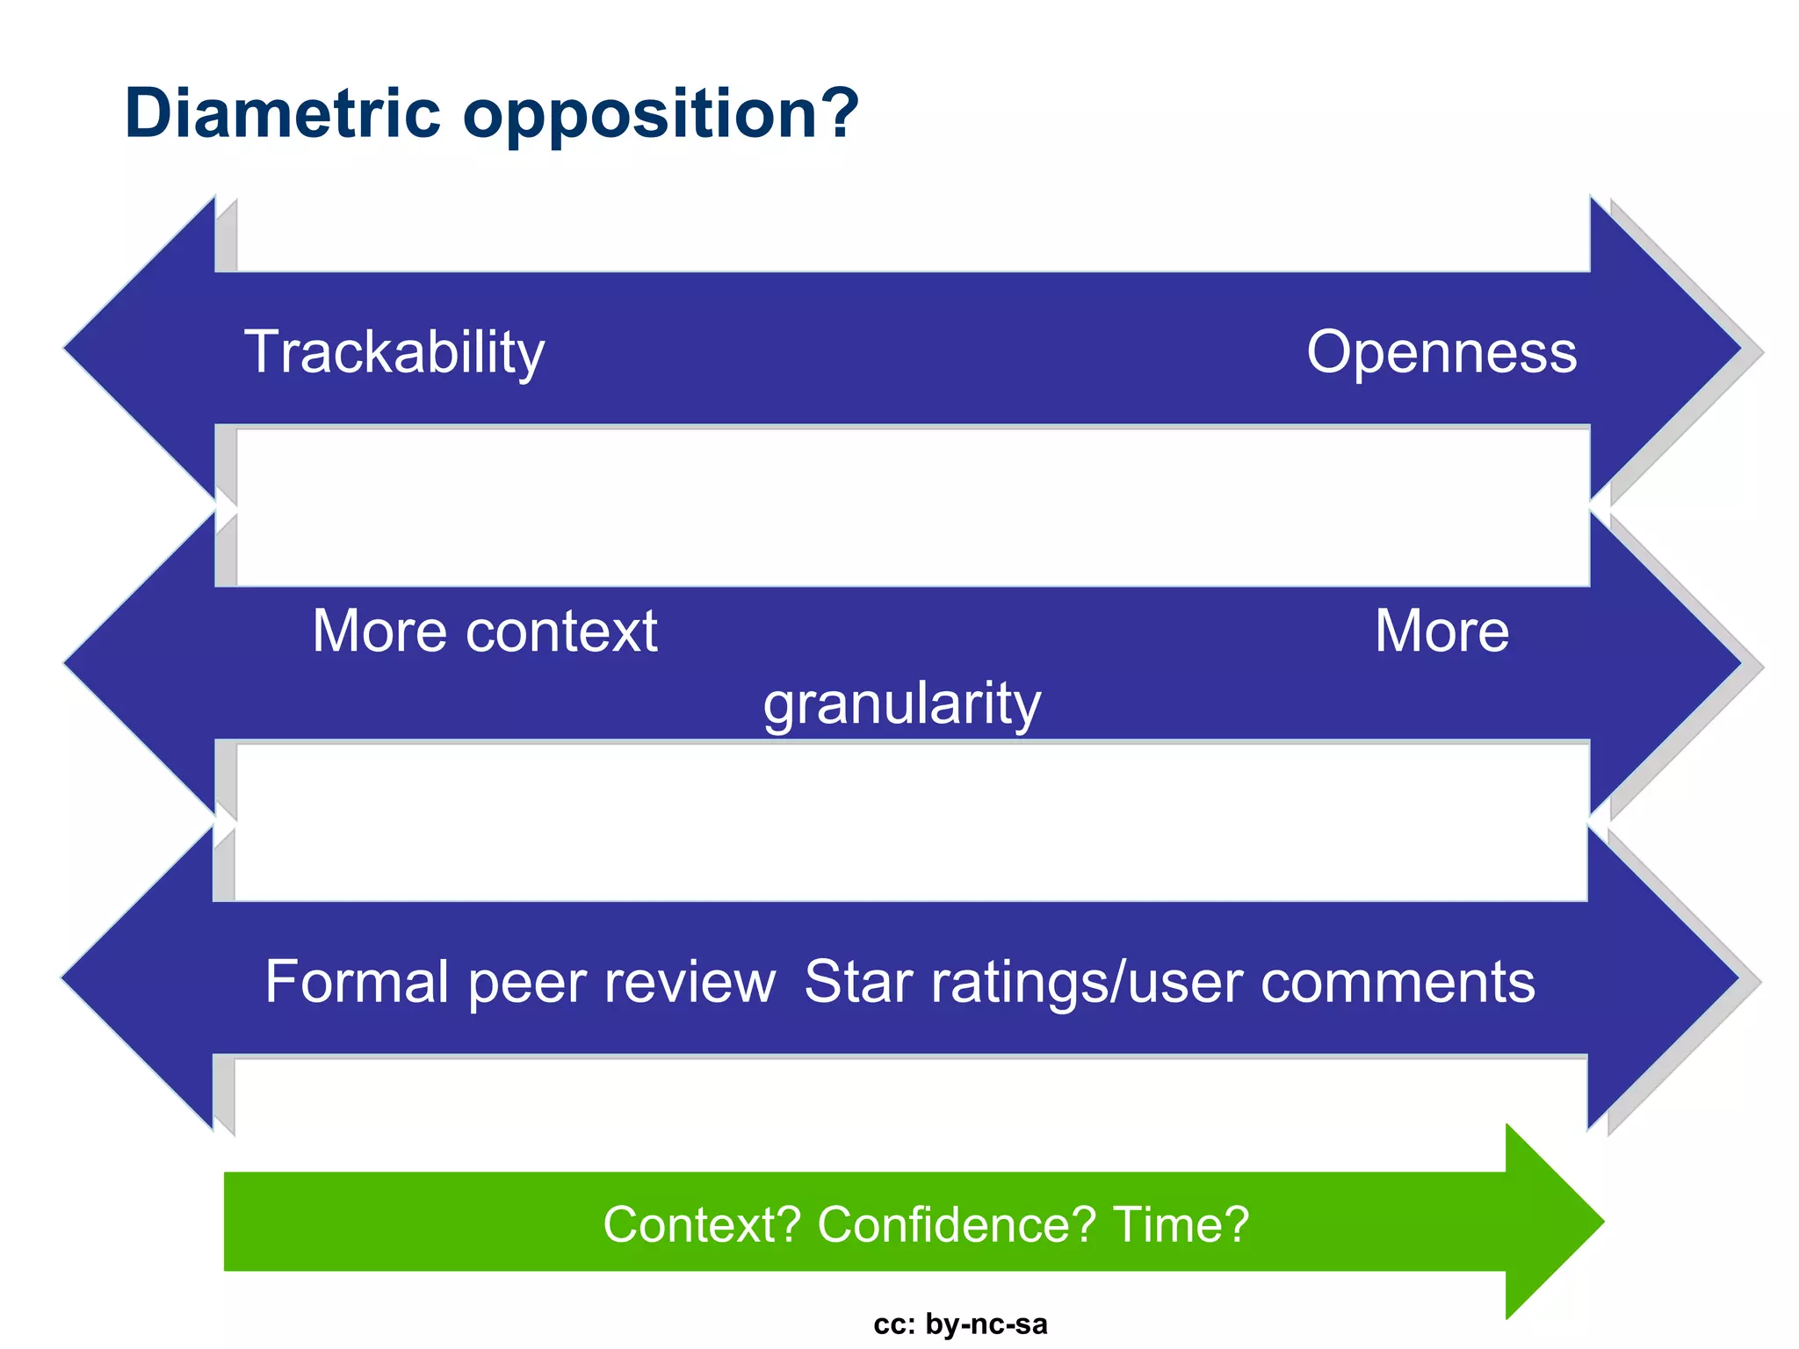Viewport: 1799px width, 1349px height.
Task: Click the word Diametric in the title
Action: coord(282,113)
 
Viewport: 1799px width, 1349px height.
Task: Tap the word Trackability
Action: coord(394,353)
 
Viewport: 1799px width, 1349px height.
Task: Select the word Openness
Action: coord(1441,353)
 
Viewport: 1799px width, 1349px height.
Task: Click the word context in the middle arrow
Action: coord(562,631)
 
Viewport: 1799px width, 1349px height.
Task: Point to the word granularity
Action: coord(902,704)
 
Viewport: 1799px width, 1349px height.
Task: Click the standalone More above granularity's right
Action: coord(1441,631)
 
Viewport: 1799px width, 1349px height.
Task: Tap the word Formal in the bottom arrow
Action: coord(358,982)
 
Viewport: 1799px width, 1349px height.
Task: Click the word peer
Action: coord(526,984)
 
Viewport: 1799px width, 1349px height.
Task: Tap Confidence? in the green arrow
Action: coord(957,1224)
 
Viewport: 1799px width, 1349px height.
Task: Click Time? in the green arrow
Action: coord(1181,1224)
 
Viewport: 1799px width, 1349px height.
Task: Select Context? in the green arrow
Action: coord(702,1224)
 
